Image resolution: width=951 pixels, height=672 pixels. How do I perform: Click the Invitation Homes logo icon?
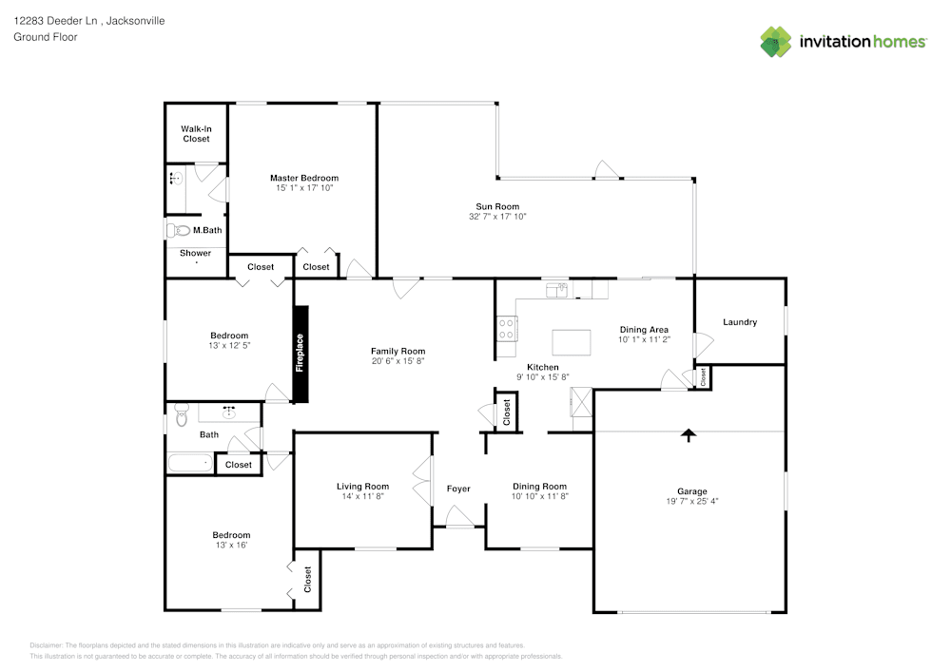(x=776, y=41)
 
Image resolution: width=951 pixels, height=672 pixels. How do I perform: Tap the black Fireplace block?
(x=301, y=354)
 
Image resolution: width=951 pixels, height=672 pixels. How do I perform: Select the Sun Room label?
(x=497, y=206)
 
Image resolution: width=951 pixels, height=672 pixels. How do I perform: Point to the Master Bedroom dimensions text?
(x=304, y=188)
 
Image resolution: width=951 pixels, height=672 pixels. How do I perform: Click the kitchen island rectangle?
(x=571, y=340)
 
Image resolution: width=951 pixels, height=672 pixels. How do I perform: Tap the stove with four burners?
(x=508, y=328)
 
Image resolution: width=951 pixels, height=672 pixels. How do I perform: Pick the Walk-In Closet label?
(x=196, y=133)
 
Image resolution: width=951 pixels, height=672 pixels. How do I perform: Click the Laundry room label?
(x=740, y=322)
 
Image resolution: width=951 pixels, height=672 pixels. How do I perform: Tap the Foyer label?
(x=458, y=489)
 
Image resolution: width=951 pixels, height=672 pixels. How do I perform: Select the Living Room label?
(x=362, y=487)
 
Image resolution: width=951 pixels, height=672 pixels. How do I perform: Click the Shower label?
(x=196, y=253)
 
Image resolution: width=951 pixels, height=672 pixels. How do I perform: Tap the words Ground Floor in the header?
(x=46, y=37)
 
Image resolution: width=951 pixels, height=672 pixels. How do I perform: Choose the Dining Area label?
(x=644, y=330)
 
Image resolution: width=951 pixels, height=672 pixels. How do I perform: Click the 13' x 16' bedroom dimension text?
(x=231, y=545)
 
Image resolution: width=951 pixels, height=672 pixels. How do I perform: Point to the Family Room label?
(x=398, y=351)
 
